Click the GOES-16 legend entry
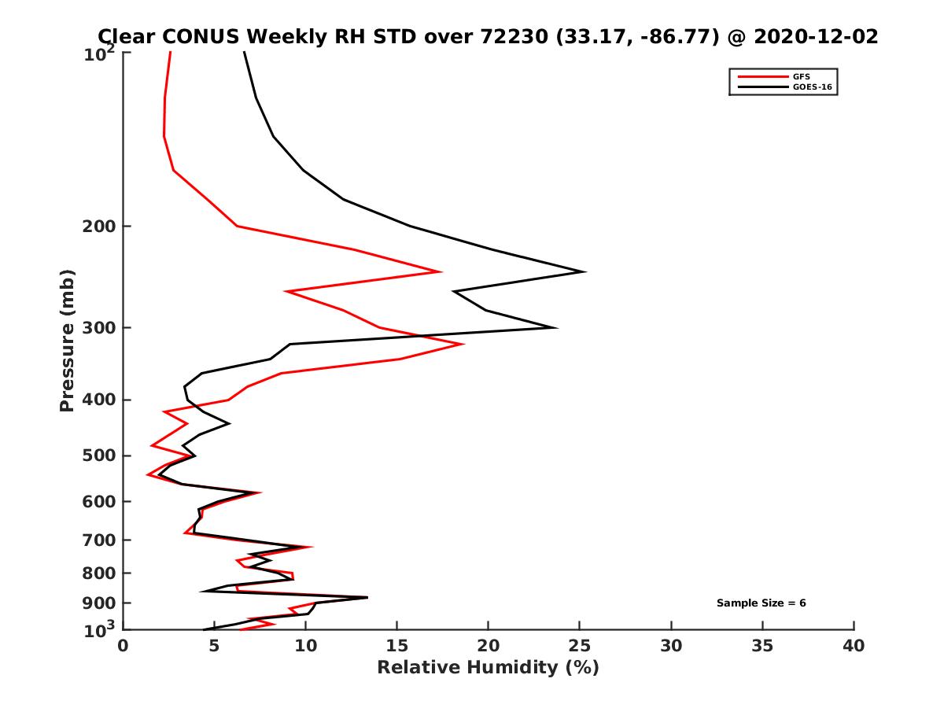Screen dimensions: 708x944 coord(809,87)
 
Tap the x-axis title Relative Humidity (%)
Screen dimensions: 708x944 coord(488,668)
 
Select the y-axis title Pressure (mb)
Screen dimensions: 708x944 coord(67,341)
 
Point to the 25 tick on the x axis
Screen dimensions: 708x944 coord(580,646)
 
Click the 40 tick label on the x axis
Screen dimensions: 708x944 coord(854,646)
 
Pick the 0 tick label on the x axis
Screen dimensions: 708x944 coord(124,646)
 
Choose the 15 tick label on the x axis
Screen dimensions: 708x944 coord(397,646)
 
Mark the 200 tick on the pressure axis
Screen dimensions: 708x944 coord(100,227)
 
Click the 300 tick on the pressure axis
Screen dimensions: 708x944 coord(100,328)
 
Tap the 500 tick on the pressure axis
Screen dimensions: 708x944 coord(100,455)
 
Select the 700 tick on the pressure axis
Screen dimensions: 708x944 coord(100,540)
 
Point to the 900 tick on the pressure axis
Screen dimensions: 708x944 coord(100,603)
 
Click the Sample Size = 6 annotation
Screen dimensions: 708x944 coord(761,603)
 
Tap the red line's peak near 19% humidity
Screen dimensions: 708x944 coord(463,344)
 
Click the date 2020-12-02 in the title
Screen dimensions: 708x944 coord(813,36)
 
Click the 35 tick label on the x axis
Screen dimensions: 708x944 coord(762,646)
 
